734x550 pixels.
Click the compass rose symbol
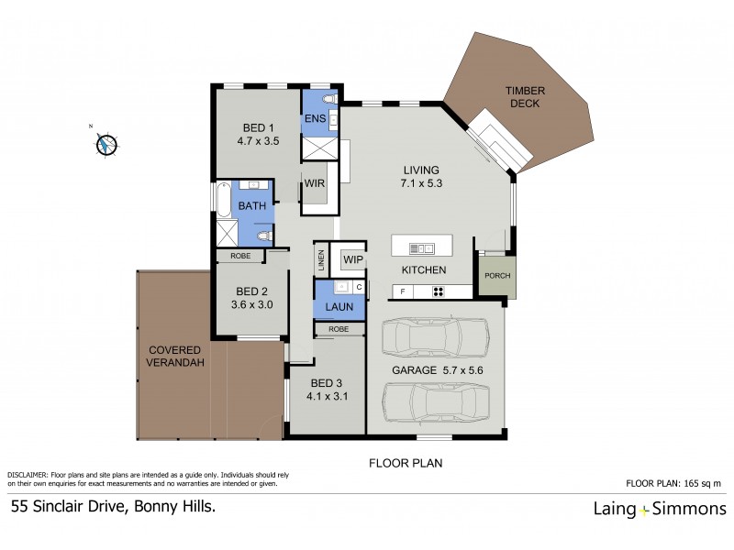(x=106, y=144)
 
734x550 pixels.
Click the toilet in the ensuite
(x=330, y=97)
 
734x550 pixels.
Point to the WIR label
(x=316, y=183)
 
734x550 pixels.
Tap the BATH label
(x=252, y=206)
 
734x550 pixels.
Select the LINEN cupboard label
(x=322, y=259)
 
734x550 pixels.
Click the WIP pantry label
(x=353, y=260)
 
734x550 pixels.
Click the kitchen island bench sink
(x=423, y=247)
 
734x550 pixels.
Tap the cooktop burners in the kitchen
(x=439, y=292)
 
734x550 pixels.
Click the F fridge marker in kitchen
(x=400, y=292)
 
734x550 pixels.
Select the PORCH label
(x=496, y=276)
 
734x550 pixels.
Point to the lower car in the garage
(x=435, y=401)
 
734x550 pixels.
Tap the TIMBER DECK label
(x=525, y=97)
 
